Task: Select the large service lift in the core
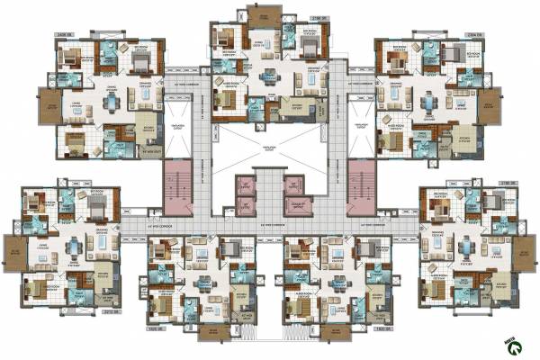(297, 206)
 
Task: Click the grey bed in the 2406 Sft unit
(141, 60)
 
